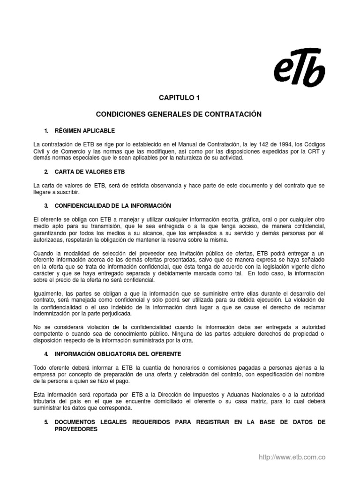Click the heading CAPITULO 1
(179, 98)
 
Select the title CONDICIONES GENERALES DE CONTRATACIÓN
(179, 114)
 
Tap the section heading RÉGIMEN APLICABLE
(84, 130)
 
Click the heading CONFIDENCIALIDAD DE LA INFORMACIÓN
(113, 206)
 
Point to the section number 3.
(46, 206)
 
